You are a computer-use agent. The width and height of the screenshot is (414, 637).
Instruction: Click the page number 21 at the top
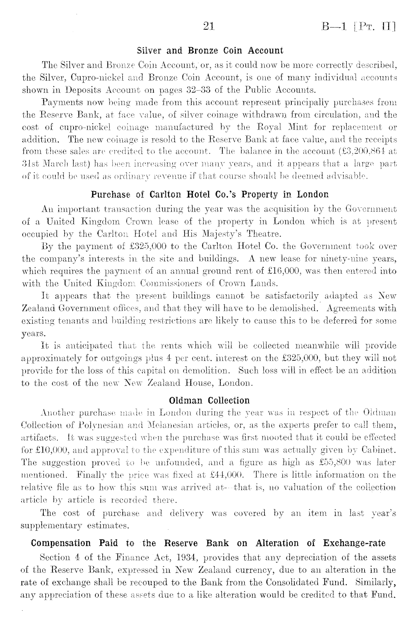click(x=207, y=27)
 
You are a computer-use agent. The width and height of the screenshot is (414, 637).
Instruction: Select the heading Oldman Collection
click(x=209, y=401)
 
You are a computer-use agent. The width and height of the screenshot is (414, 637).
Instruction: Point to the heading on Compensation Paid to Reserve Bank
click(x=208, y=543)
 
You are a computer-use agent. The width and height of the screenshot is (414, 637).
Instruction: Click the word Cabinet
click(x=380, y=450)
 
